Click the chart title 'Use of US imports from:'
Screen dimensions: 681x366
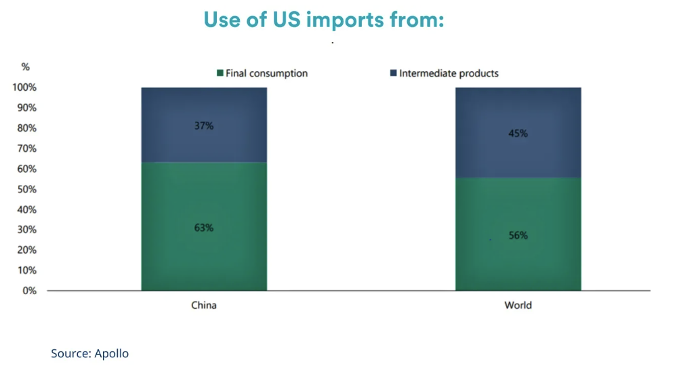[x=324, y=20]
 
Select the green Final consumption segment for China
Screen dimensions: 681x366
[x=204, y=226]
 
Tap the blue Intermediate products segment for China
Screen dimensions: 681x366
[x=204, y=125]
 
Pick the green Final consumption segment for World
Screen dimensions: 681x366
[x=518, y=234]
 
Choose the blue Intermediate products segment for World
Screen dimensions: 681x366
[x=518, y=132]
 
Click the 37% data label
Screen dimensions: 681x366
[x=204, y=126]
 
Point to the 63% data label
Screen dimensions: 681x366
[x=204, y=228]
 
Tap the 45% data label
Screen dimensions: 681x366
[x=518, y=134]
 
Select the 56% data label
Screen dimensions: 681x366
[x=518, y=235]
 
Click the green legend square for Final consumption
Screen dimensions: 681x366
[x=220, y=73]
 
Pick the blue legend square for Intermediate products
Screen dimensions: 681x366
[x=394, y=73]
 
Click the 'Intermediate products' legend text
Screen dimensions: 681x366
[x=449, y=73]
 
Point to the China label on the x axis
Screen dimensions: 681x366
[x=204, y=305]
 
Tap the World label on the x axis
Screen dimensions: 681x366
[x=518, y=305]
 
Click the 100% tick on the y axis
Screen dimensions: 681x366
[x=24, y=87]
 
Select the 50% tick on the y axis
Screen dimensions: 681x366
[x=27, y=189]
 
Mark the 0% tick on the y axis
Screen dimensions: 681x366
[x=30, y=291]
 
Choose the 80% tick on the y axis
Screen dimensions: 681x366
[x=27, y=128]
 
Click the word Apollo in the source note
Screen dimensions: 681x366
[x=112, y=354]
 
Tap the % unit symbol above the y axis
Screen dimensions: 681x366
[x=26, y=67]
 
